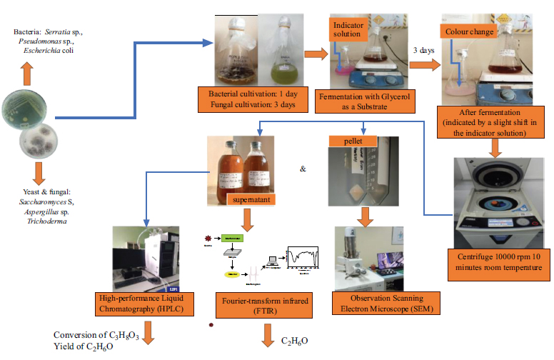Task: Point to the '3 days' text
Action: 426,51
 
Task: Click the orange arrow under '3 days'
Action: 425,65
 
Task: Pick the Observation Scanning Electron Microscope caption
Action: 378,302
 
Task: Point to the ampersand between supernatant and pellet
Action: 303,170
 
